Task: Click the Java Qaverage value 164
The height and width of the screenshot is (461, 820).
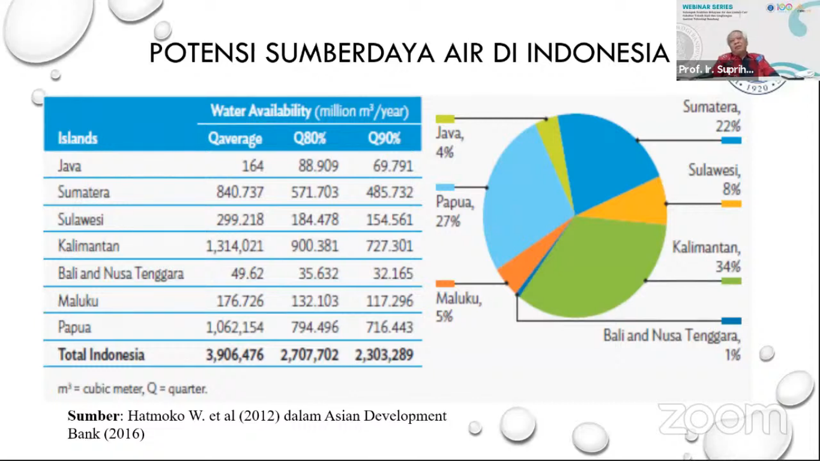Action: click(253, 166)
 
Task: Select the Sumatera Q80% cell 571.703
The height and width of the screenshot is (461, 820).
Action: click(315, 193)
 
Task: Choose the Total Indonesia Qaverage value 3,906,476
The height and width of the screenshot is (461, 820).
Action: click(235, 355)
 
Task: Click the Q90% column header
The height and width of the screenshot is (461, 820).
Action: click(384, 139)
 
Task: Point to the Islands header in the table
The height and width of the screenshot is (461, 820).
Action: click(77, 139)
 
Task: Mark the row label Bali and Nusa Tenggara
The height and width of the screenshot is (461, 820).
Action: click(121, 274)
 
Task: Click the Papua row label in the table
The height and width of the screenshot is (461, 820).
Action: click(74, 328)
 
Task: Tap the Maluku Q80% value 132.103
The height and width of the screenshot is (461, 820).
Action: click(315, 301)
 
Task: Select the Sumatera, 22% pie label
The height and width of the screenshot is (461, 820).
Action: click(711, 116)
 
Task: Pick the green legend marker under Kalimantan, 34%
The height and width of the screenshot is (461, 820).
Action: click(731, 281)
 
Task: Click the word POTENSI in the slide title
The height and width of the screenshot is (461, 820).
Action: click(202, 53)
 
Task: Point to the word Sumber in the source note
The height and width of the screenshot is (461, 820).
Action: click(92, 416)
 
